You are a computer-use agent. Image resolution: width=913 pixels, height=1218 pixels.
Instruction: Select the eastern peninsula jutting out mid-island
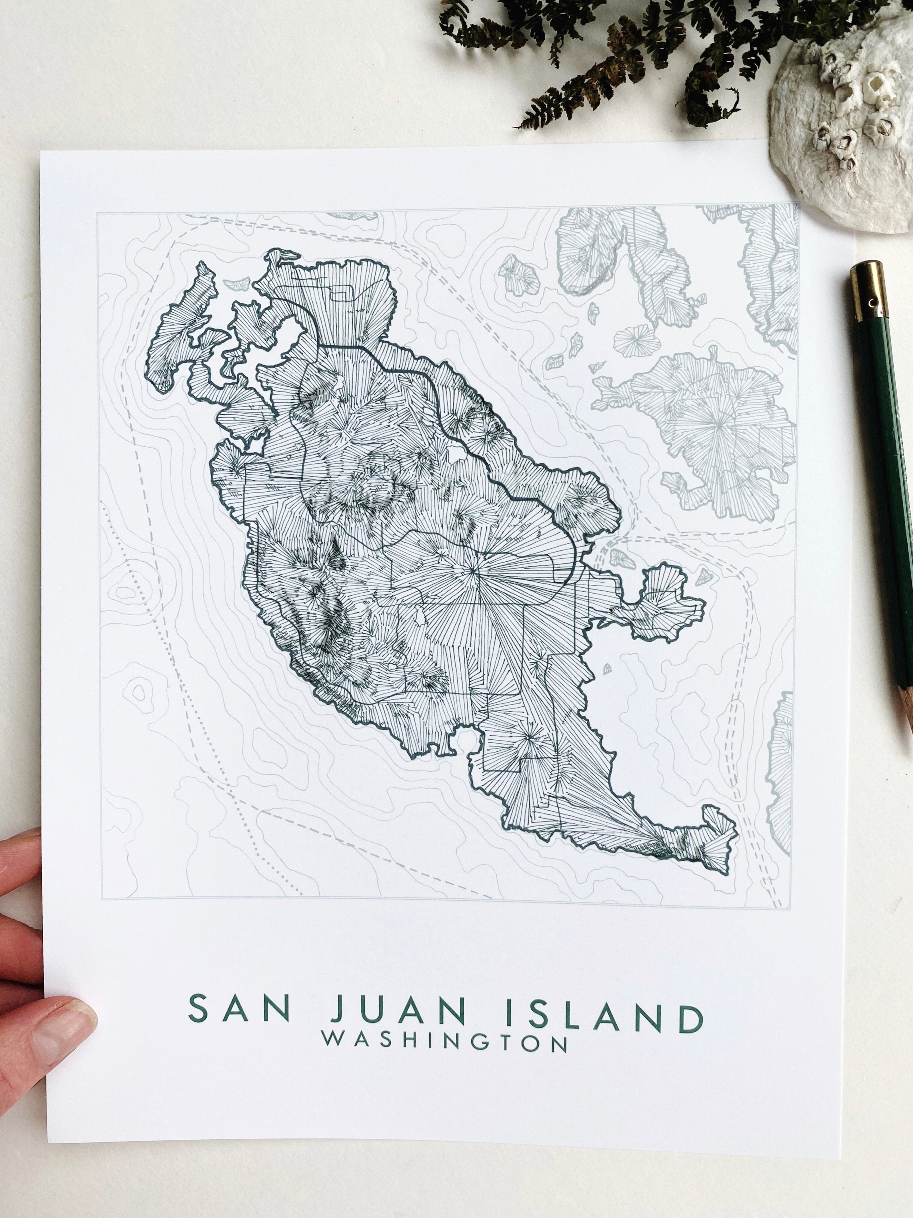coord(660,606)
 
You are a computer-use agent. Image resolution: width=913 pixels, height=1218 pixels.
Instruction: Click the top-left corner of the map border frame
coord(98,213)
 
